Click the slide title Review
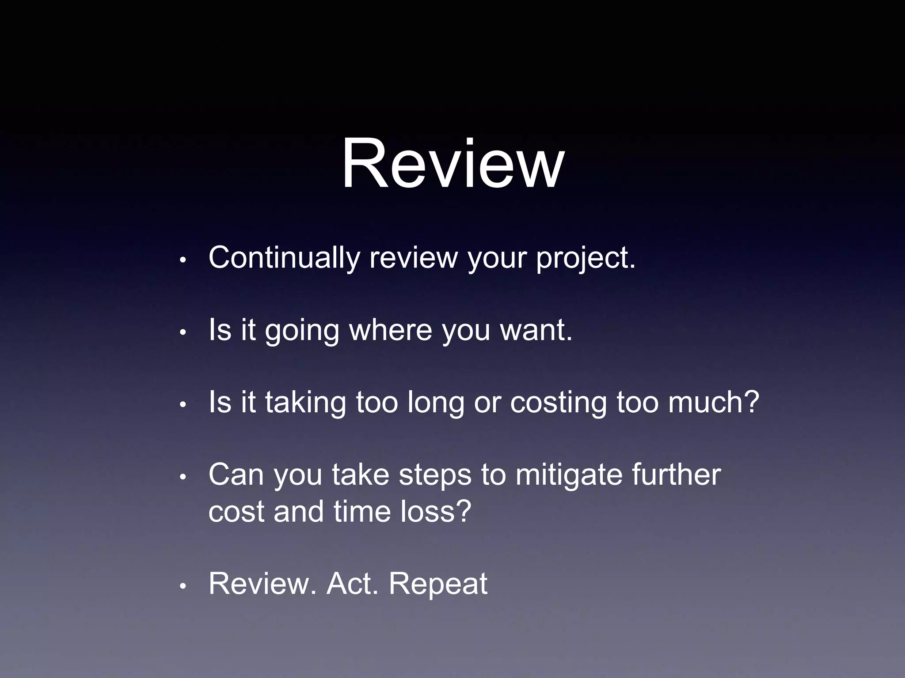tap(452, 164)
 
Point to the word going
tap(302, 331)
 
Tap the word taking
tap(305, 403)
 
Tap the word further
tap(676, 475)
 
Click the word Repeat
tap(438, 584)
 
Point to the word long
tap(435, 403)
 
